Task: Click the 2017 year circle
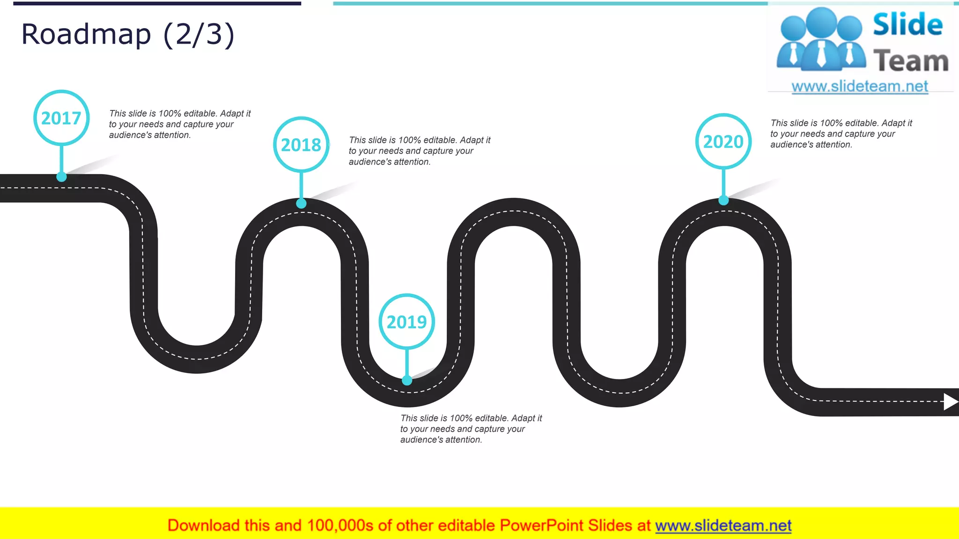click(x=61, y=118)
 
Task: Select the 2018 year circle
click(x=301, y=145)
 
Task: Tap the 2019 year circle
click(x=406, y=322)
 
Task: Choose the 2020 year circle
click(x=723, y=141)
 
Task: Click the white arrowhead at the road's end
click(x=950, y=401)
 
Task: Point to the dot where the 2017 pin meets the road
click(x=61, y=177)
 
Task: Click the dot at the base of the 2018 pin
click(x=301, y=203)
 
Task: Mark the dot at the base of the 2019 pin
click(x=407, y=380)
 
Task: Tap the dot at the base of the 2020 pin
click(x=723, y=200)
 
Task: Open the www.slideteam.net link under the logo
click(x=860, y=86)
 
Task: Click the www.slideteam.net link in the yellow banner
click(x=723, y=525)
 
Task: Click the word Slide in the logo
click(x=907, y=24)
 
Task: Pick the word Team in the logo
click(x=911, y=61)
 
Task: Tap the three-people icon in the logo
click(x=821, y=40)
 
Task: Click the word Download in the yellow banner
click(x=203, y=525)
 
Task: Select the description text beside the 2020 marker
click(x=841, y=134)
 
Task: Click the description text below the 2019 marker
click(x=471, y=429)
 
